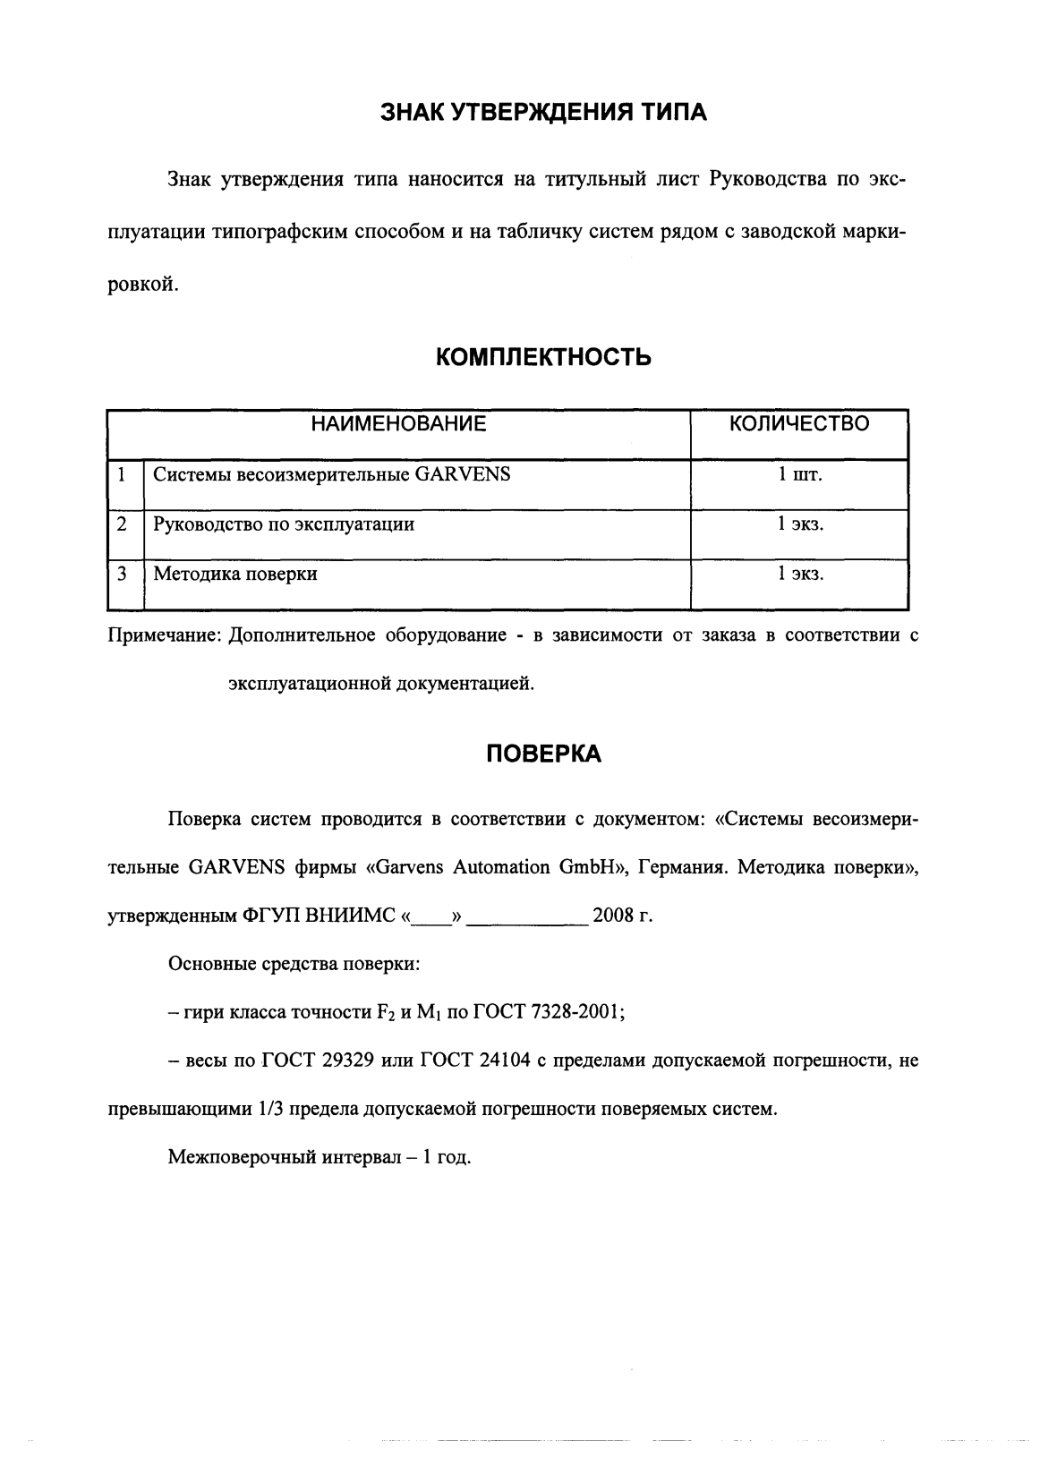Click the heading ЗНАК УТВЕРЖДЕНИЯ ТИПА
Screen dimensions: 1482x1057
pyautogui.click(x=543, y=112)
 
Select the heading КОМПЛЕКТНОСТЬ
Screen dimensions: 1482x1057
pyautogui.click(x=543, y=358)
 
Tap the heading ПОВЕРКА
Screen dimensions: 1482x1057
pyautogui.click(x=543, y=754)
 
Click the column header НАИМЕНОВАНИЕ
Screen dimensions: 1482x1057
pyautogui.click(x=399, y=424)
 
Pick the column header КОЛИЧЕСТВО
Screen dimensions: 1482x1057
pyautogui.click(x=799, y=424)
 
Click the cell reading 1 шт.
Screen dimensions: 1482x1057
pyautogui.click(x=799, y=474)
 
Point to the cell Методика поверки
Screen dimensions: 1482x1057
pyautogui.click(x=235, y=574)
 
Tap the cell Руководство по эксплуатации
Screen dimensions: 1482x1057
pyautogui.click(x=284, y=524)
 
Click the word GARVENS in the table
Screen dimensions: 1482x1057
pyautogui.click(x=463, y=474)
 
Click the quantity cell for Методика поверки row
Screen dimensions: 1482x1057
pyautogui.click(x=799, y=574)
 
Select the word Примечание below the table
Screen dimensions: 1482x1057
pyautogui.click(x=164, y=635)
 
